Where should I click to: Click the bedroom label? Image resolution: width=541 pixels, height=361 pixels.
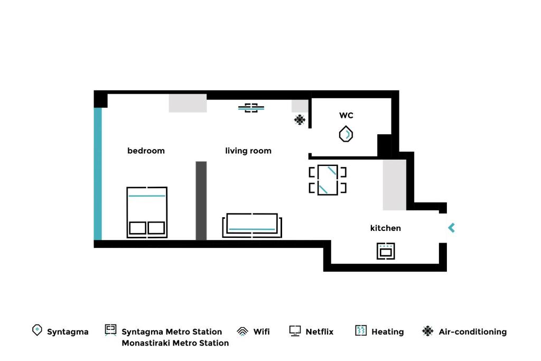tap(146, 151)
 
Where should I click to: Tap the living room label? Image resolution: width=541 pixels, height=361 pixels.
tap(248, 151)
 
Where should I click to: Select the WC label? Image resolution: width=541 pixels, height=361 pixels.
tap(346, 115)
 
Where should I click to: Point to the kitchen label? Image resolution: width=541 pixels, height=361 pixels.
tap(385, 228)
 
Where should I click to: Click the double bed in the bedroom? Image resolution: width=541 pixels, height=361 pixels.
tap(147, 212)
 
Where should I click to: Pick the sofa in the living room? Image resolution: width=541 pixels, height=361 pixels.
tap(252, 225)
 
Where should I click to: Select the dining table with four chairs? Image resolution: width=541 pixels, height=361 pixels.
tap(328, 180)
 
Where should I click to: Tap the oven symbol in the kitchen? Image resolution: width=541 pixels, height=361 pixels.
tap(386, 251)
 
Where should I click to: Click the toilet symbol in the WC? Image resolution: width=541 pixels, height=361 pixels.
tap(346, 134)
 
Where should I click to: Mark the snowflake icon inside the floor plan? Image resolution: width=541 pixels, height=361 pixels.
tap(300, 120)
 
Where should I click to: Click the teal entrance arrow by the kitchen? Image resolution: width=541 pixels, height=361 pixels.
tap(451, 227)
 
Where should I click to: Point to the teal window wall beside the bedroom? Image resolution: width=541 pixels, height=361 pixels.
tap(98, 174)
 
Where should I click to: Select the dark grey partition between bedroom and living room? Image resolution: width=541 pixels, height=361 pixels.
tap(201, 200)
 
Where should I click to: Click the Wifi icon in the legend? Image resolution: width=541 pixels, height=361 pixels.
tap(242, 331)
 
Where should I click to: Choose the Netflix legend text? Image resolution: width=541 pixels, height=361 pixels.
tap(320, 331)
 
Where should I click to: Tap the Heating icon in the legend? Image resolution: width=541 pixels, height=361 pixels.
tap(360, 331)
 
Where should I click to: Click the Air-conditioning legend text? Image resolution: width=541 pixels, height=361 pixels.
tap(473, 331)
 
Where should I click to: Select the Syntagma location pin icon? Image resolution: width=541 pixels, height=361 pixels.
tap(37, 330)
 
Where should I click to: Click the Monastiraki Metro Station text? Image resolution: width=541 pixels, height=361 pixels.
tap(175, 343)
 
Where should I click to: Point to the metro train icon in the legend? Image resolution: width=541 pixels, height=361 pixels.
tap(110, 330)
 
